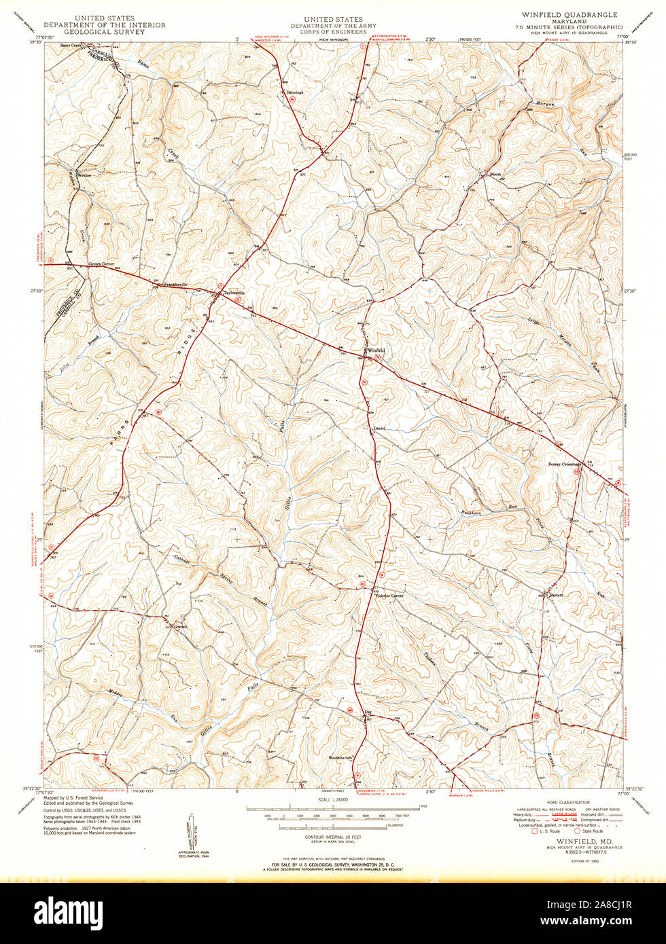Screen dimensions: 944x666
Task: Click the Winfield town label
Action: pos(376,350)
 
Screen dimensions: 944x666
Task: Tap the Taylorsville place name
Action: pos(229,293)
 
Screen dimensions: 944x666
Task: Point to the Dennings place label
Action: pos(294,92)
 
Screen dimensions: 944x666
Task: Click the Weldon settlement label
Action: pos(84,175)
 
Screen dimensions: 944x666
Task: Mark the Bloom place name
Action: pos(495,174)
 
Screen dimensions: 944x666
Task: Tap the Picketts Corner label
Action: pos(389,596)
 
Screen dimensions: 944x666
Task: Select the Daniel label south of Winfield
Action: pos(380,429)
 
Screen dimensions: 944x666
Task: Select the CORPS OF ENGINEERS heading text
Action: pos(333,31)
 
